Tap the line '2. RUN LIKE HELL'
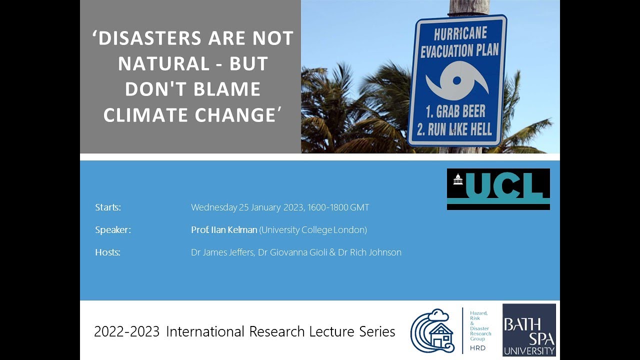454,129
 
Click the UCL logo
498,189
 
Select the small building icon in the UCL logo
457,179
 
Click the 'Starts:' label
108,207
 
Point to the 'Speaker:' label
113,230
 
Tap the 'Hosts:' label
107,252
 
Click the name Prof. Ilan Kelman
224,230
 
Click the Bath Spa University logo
529,330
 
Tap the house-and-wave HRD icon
432,330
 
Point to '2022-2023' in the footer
127,331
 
